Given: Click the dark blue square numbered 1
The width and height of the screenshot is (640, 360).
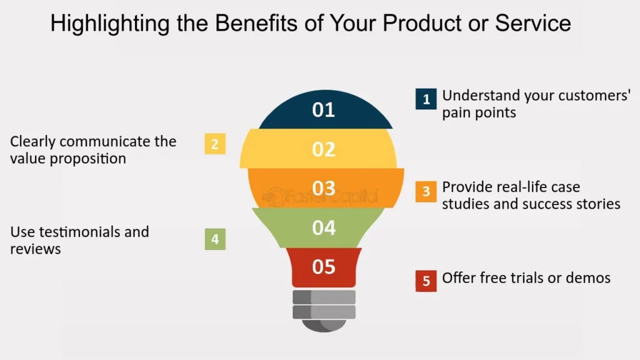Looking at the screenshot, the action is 426,99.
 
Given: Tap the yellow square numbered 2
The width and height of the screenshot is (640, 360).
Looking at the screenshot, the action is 215,144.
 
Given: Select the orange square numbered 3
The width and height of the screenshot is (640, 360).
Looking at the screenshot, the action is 426,191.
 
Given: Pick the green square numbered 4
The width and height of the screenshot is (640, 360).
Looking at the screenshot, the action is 215,239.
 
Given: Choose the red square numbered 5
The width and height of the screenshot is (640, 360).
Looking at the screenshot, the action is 426,281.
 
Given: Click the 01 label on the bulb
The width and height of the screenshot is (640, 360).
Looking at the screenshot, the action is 324,110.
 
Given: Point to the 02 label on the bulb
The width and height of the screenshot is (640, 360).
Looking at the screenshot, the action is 324,149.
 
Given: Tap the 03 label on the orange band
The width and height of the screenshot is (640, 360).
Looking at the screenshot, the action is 324,188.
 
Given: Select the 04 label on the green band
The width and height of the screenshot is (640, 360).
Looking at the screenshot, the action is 324,227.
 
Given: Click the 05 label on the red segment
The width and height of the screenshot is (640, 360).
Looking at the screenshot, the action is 324,267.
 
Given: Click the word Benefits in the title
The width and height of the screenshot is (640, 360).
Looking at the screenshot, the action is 256,23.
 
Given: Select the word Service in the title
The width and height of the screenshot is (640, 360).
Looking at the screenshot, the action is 532,23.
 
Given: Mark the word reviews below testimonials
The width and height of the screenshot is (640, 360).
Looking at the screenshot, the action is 36,249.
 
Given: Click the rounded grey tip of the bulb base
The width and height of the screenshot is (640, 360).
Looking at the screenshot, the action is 324,326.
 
